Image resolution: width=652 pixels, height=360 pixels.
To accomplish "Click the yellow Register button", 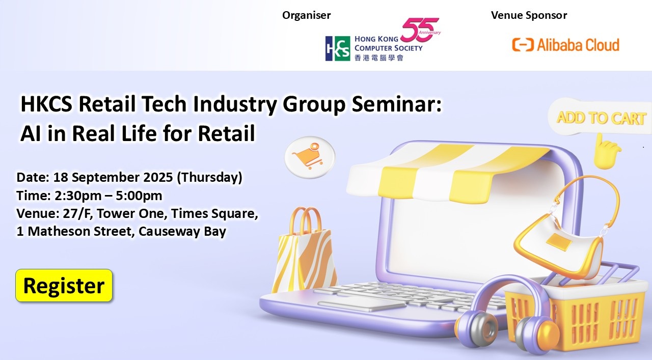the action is click(x=64, y=286).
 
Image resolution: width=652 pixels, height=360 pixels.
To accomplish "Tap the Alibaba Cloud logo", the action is click(x=565, y=45).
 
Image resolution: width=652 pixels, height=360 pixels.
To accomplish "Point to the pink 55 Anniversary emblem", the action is click(x=420, y=30).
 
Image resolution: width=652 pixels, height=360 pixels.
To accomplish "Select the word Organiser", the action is click(x=307, y=15).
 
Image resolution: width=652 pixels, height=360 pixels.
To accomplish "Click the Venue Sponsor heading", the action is click(x=529, y=15).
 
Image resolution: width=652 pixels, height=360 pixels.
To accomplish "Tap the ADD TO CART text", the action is click(x=601, y=118).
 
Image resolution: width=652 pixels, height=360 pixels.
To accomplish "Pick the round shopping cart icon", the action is click(x=310, y=157).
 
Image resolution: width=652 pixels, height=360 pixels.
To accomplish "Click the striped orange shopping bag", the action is click(x=304, y=251).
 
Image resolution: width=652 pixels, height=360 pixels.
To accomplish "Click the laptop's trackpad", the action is click(x=362, y=304).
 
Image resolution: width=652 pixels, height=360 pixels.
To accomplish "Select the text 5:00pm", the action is click(x=139, y=196).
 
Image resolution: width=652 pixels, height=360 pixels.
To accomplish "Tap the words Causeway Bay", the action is click(x=182, y=231).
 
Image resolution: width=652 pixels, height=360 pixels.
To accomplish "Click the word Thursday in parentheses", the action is click(x=209, y=177).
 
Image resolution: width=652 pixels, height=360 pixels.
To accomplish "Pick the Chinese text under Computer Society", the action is click(x=379, y=58).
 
